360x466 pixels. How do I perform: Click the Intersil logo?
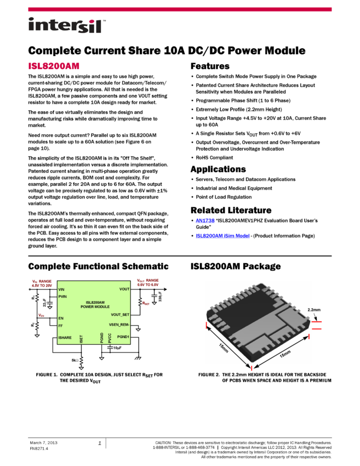pos(67,26)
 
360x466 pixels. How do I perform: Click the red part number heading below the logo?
pos(54,66)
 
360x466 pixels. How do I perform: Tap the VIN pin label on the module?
pos(61,289)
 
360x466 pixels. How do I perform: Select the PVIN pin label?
pos(62,297)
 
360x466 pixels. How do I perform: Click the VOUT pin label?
pos(124,289)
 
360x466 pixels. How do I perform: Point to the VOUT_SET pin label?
pos(120,315)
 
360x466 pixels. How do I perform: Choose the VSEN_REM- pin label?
pos(119,325)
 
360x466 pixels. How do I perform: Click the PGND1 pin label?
pos(123,337)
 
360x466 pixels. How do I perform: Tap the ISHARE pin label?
pos(65,338)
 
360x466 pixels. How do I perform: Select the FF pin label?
pos(60,326)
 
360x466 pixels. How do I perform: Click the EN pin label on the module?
pos(60,318)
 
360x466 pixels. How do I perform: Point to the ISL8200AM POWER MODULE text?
pos(95,304)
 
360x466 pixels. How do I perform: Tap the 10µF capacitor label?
pos(117,348)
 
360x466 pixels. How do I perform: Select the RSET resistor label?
pos(146,303)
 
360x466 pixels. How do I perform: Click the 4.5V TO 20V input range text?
pos(42,285)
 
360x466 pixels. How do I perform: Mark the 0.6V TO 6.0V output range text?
pos(148,285)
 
